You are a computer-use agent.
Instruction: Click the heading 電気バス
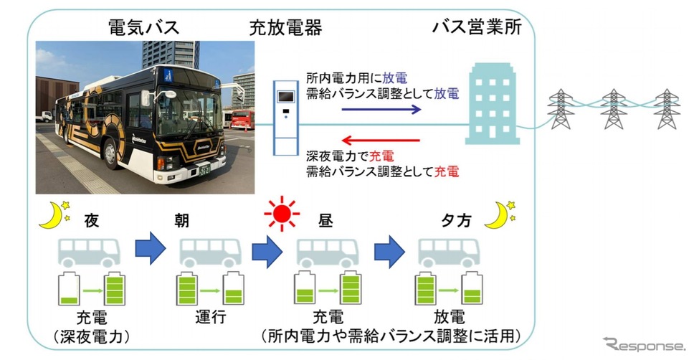pos(143,28)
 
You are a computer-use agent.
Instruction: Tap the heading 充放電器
pos(285,28)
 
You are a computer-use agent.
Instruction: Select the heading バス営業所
pos(475,28)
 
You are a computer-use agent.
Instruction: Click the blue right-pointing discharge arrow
pos(381,110)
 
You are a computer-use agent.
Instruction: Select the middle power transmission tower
pos(614,109)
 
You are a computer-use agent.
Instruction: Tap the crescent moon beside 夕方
pos(498,214)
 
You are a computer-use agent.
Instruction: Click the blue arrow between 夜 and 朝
pos(151,252)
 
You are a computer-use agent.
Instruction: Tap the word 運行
pos(212,317)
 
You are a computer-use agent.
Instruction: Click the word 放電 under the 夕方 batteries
pos(450,317)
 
